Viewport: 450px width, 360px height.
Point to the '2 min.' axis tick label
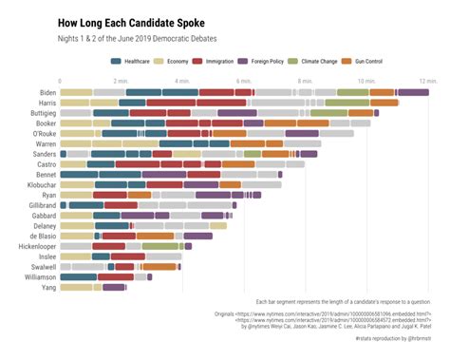(122, 82)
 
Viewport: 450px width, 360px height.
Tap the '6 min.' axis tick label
(244, 82)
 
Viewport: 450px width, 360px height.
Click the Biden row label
(45, 93)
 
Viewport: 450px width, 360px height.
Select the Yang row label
(47, 286)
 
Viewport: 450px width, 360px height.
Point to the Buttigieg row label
(39, 113)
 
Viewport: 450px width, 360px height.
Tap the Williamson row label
(36, 276)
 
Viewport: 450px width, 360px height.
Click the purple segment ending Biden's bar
(413, 93)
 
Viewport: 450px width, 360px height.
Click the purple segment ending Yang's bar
(114, 286)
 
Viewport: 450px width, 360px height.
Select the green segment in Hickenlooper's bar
(161, 245)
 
